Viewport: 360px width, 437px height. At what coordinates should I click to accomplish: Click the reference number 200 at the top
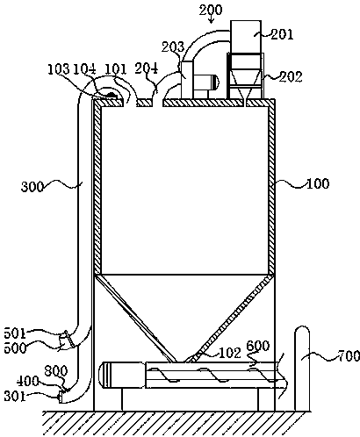[211, 11]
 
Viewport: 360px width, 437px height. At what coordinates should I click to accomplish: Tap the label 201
[282, 34]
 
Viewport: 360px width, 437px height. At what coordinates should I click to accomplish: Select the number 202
[291, 76]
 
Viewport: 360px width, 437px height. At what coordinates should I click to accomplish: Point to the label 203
[173, 47]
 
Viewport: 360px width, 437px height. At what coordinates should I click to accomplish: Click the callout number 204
[147, 68]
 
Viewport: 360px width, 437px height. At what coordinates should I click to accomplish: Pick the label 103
[59, 69]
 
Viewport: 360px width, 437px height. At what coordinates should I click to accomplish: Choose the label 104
[84, 69]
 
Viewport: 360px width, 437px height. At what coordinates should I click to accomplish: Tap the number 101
[115, 69]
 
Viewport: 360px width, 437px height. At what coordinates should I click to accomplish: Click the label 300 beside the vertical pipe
[32, 187]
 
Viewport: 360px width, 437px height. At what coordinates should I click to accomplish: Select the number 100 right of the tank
[318, 183]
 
